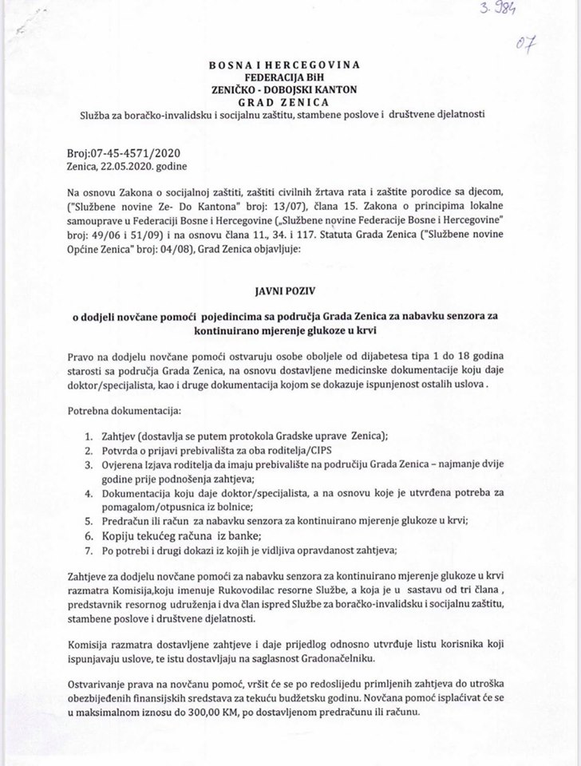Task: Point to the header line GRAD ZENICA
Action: click(x=290, y=101)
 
